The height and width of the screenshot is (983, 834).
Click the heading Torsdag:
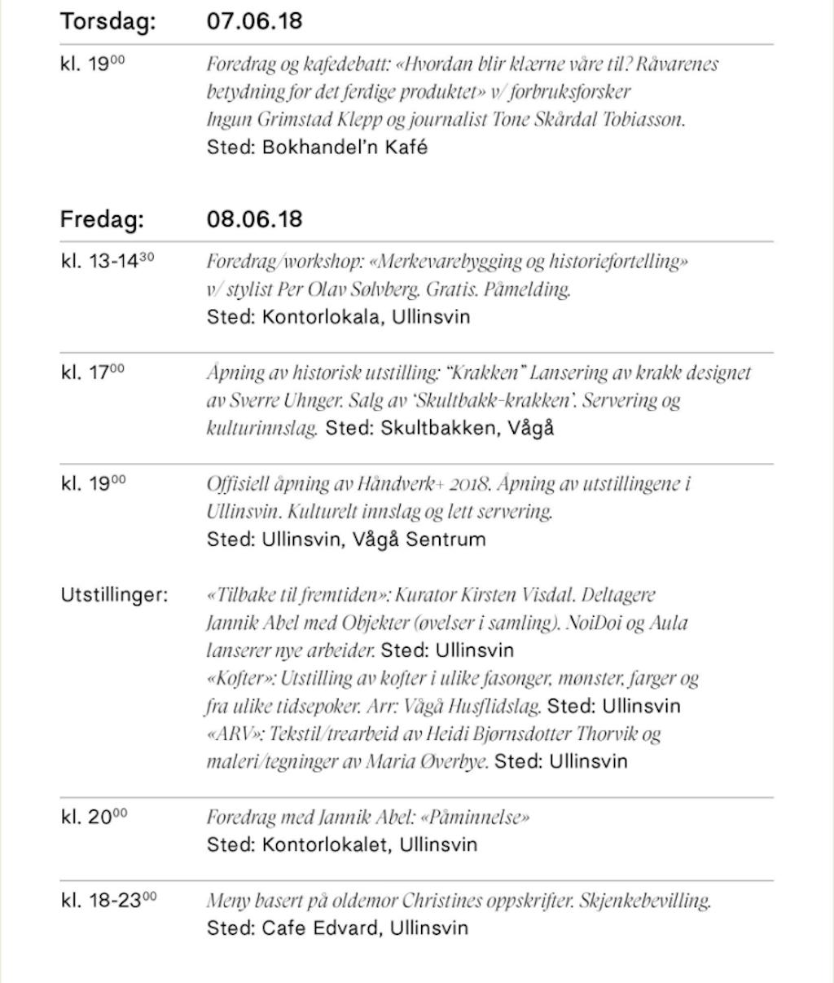[x=108, y=21]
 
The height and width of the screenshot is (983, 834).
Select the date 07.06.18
[x=254, y=21]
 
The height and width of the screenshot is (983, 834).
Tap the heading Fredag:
[x=102, y=219]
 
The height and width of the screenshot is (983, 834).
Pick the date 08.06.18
[x=254, y=219]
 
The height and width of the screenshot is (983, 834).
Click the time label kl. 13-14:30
[x=108, y=262]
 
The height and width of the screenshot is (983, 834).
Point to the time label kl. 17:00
[x=93, y=372]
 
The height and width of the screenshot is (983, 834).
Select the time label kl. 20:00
[x=94, y=816]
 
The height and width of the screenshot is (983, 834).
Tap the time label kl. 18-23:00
[x=108, y=900]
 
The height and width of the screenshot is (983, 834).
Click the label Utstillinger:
[x=114, y=595]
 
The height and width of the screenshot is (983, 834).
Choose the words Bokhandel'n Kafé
[x=345, y=148]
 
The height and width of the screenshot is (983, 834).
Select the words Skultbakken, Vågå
[x=467, y=428]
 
